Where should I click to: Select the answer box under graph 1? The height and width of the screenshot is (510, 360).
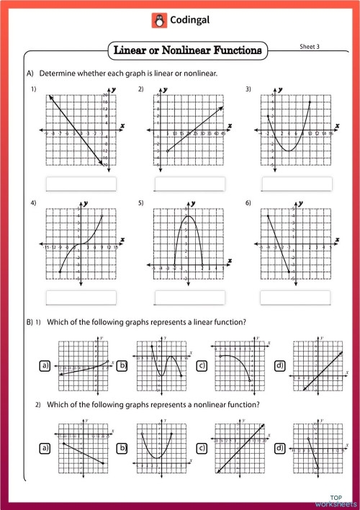pyautogui.click(x=81, y=184)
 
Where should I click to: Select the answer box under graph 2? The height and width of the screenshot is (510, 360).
pyautogui.click(x=189, y=184)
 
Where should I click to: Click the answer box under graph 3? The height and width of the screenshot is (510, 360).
pyautogui.click(x=296, y=184)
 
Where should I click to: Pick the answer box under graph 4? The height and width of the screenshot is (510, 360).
pyautogui.click(x=81, y=297)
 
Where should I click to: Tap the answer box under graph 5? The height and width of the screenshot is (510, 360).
pyautogui.click(x=189, y=297)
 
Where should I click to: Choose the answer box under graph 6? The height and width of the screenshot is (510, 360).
pyautogui.click(x=296, y=297)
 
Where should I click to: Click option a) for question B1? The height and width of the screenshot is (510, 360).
pyautogui.click(x=46, y=367)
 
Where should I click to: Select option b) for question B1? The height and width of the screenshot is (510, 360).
pyautogui.click(x=122, y=367)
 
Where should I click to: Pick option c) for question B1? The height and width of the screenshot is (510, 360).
pyautogui.click(x=202, y=367)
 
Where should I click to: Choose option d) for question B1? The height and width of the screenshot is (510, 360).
pyautogui.click(x=280, y=367)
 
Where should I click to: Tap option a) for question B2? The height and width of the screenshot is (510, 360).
pyautogui.click(x=46, y=449)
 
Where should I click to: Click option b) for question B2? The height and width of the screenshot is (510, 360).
pyautogui.click(x=122, y=449)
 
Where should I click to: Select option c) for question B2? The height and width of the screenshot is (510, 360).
pyautogui.click(x=202, y=449)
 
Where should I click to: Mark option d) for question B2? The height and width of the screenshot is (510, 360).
pyautogui.click(x=280, y=449)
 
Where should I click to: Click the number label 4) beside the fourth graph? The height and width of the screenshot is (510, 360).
pyautogui.click(x=34, y=204)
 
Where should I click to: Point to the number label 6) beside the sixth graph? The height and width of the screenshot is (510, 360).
pyautogui.click(x=248, y=204)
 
